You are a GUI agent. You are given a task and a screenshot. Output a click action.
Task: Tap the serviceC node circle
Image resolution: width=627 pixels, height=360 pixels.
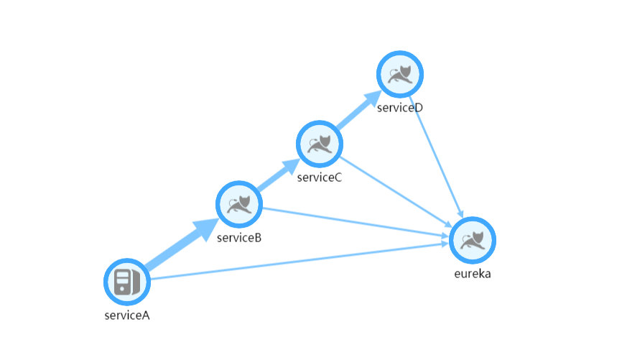pos(319,144)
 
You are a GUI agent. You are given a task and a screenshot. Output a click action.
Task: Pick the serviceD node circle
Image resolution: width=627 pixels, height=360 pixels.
pos(400,73)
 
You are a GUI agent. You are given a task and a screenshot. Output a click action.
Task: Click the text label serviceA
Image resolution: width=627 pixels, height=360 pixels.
pos(126,314)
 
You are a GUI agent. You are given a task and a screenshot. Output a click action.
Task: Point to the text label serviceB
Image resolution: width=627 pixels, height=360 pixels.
pos(238,237)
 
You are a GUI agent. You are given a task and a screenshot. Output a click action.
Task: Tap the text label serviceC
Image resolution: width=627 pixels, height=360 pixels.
pos(319,177)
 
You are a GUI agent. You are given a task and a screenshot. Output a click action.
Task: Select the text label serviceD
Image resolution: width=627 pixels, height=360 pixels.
pos(400,108)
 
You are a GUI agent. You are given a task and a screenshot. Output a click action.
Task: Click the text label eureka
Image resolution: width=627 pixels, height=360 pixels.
pos(473,274)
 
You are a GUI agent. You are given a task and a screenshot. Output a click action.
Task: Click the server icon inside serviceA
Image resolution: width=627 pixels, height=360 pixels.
pos(126,281)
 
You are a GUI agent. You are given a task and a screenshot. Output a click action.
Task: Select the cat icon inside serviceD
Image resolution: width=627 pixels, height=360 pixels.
pos(400,73)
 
